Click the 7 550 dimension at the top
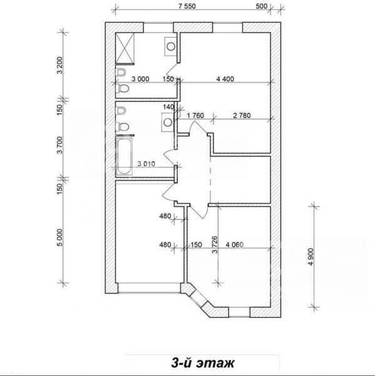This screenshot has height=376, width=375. click(x=187, y=6)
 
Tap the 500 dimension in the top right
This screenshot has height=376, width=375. click(x=262, y=6)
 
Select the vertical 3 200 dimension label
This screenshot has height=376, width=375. click(x=60, y=65)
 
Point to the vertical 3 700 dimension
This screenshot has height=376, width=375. click(x=60, y=145)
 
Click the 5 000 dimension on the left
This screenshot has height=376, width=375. click(x=60, y=238)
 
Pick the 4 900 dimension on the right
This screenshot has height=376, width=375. click(x=311, y=256)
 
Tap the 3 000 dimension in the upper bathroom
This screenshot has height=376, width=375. click(x=140, y=79)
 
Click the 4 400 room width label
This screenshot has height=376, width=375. click(x=225, y=79)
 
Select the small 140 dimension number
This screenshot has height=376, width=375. click(x=168, y=107)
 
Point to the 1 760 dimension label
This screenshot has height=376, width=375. click(x=195, y=115)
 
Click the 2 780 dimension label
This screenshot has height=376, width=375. click(x=242, y=115)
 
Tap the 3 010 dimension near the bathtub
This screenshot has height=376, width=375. click(x=146, y=164)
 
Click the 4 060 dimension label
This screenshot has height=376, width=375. click(x=235, y=244)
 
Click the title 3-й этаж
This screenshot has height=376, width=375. click(x=203, y=363)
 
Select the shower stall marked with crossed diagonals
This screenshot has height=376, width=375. click(x=125, y=48)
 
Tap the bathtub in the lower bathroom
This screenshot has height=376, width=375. click(x=124, y=156)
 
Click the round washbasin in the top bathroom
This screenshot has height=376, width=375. click(x=171, y=46)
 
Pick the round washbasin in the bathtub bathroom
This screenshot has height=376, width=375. click(x=168, y=122)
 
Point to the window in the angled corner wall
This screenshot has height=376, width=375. click(x=198, y=298)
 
